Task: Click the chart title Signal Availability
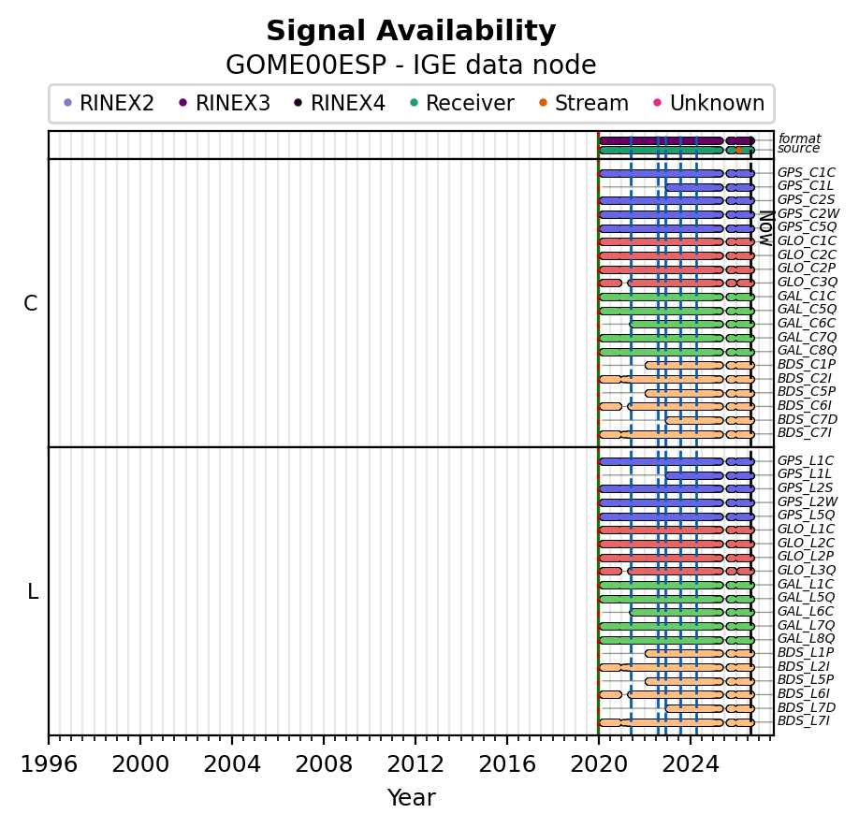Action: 411,31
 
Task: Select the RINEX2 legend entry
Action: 109,103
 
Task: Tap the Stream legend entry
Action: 584,103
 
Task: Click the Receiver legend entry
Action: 462,103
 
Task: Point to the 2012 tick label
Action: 415,764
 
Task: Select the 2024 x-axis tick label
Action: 691,764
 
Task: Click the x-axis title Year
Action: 411,798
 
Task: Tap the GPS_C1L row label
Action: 806,186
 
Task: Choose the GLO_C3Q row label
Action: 808,282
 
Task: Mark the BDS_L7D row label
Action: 807,707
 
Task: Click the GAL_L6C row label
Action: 806,611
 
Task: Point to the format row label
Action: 799,138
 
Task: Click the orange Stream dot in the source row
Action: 738,150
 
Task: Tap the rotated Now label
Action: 766,227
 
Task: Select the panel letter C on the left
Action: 31,303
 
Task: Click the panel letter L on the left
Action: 33,591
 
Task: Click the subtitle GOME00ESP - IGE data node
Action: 411,65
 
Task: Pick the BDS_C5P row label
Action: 807,392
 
